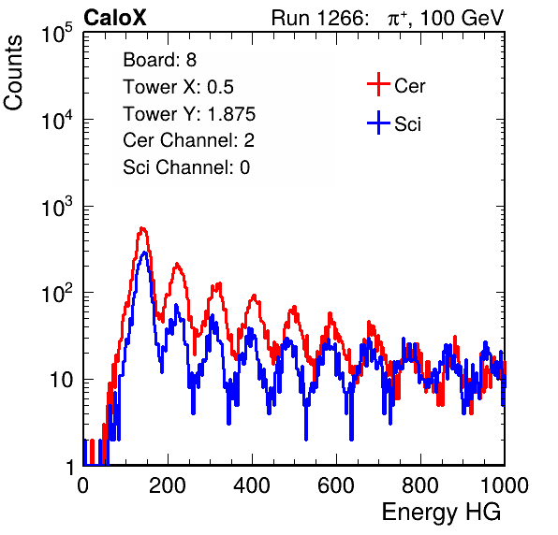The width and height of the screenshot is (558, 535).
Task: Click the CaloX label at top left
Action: [x=114, y=18]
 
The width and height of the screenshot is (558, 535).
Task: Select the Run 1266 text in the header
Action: [x=319, y=18]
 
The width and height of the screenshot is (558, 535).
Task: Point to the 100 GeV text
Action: [x=462, y=18]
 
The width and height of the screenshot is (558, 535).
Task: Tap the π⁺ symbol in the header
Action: [x=397, y=19]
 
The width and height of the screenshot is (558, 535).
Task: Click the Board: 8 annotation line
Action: [x=159, y=60]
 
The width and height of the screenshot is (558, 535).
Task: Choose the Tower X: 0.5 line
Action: [x=178, y=87]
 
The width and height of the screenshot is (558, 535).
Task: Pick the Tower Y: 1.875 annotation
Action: [x=189, y=114]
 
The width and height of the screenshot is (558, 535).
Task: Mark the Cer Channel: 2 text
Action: [x=188, y=140]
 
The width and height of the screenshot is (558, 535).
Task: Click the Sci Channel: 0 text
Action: [x=186, y=167]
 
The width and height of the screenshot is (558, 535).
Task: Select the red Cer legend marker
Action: [x=378, y=84]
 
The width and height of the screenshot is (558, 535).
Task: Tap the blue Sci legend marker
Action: [x=378, y=123]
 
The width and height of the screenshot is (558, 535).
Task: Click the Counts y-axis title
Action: [x=13, y=73]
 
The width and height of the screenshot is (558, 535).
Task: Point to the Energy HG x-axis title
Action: [x=441, y=513]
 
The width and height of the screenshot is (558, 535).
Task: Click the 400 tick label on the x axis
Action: [x=252, y=484]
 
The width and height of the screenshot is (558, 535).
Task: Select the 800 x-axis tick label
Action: [x=420, y=484]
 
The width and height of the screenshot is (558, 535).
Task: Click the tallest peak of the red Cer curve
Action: [x=142, y=228]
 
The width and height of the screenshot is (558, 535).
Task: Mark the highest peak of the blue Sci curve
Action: [x=144, y=253]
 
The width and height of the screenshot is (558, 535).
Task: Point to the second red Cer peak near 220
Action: [x=177, y=265]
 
